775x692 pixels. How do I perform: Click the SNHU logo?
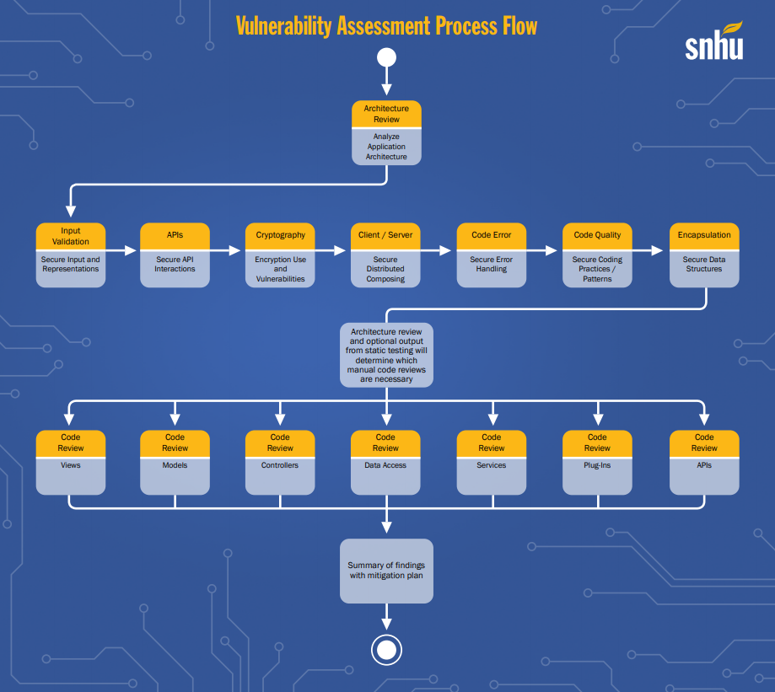(x=713, y=42)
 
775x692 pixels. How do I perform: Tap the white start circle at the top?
(x=386, y=57)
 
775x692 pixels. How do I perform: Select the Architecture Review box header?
(x=386, y=114)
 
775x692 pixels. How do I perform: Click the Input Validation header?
(x=71, y=236)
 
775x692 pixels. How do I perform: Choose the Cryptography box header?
(x=280, y=236)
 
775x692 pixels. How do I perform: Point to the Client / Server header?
(x=385, y=236)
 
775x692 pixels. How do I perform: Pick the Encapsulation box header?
(x=704, y=236)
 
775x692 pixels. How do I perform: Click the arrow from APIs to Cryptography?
(x=226, y=250)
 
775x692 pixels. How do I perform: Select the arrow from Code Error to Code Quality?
(x=542, y=250)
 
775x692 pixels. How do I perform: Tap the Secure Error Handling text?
(x=491, y=265)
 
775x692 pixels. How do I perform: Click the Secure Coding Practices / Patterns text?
(x=597, y=269)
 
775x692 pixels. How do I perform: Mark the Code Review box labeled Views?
(x=71, y=462)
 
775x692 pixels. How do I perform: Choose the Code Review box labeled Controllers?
(x=280, y=462)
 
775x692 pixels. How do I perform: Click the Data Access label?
(x=385, y=465)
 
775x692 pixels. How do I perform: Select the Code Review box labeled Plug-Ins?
(x=597, y=462)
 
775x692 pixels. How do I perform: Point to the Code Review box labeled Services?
(x=491, y=462)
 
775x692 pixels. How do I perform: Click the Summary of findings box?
(x=386, y=571)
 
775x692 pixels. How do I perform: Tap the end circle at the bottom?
(x=386, y=650)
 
